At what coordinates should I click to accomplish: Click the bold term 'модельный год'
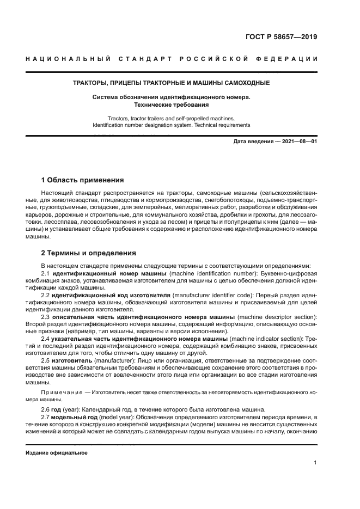click(74, 417)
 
